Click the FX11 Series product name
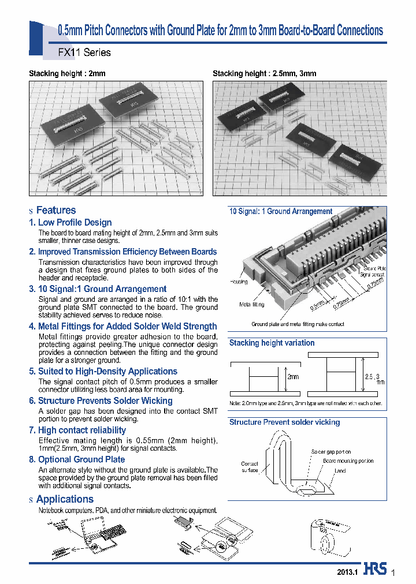[85, 53]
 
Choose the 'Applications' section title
[65, 499]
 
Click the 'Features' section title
[56, 210]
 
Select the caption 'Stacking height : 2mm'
[67, 74]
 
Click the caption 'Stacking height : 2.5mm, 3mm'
[264, 74]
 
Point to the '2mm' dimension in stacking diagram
[294, 377]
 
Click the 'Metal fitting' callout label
[252, 304]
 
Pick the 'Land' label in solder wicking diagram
[340, 471]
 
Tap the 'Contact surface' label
[249, 467]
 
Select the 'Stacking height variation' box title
[272, 343]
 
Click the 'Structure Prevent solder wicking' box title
[284, 422]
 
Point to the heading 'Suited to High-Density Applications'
[107, 371]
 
